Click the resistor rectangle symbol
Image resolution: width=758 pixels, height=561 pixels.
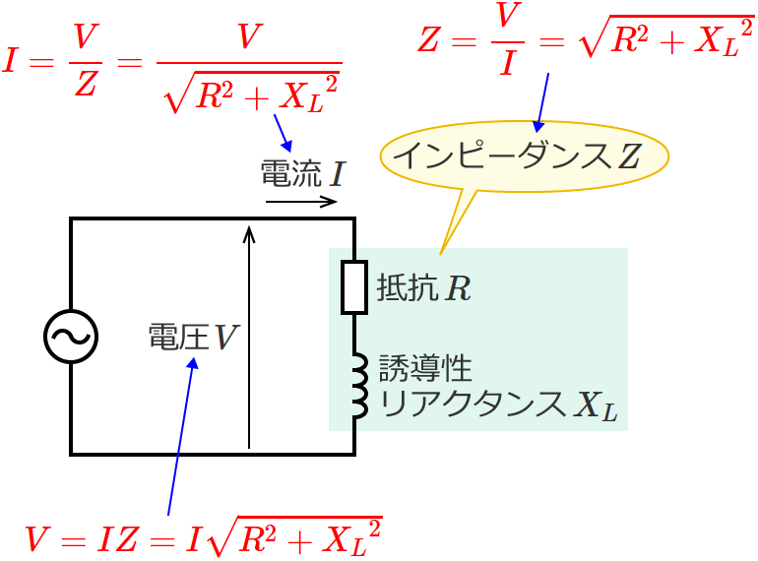pyautogui.click(x=354, y=287)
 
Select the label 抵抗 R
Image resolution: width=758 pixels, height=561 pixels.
pyautogui.click(x=424, y=288)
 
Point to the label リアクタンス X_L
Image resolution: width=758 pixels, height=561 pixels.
pyautogui.click(x=498, y=405)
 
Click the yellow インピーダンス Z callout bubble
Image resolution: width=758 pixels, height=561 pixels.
pyautogui.click(x=524, y=156)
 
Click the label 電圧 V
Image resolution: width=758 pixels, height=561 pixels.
pyautogui.click(x=192, y=338)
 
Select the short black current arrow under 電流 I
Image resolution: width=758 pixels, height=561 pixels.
pyautogui.click(x=301, y=202)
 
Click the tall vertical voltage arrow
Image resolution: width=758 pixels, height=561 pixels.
pyautogui.click(x=250, y=335)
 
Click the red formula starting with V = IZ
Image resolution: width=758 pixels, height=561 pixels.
pyautogui.click(x=203, y=537)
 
